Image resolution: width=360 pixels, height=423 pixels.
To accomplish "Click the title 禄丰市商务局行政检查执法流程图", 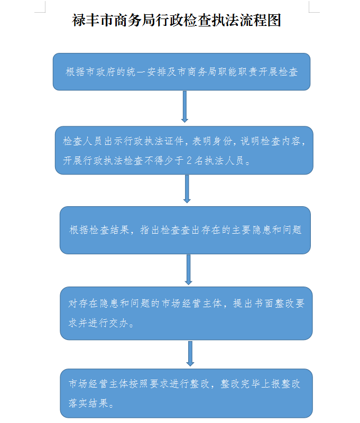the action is pos(177,20).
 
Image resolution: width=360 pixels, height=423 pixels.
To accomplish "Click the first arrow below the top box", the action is pos(184,107).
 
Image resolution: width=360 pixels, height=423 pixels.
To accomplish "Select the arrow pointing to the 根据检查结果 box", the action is pos(187,189).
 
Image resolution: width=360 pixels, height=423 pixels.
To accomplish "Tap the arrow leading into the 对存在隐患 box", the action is pos(189,270).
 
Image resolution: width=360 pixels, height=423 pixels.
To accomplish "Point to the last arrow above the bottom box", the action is pos(190,354).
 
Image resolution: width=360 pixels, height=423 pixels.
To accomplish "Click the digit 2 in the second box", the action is pos(189,161).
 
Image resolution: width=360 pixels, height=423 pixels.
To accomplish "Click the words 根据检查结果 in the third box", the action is pos(99,230).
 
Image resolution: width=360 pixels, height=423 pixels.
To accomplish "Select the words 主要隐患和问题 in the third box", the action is pos(266,230).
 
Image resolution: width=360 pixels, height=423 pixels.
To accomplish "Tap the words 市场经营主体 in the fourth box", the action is pos(192,304).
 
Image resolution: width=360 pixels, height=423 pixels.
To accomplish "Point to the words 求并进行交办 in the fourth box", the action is pos(98,323).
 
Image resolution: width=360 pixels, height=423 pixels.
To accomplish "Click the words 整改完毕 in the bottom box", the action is pos(241,384).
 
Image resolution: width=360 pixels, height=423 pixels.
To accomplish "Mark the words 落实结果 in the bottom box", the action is pos(88,403).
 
